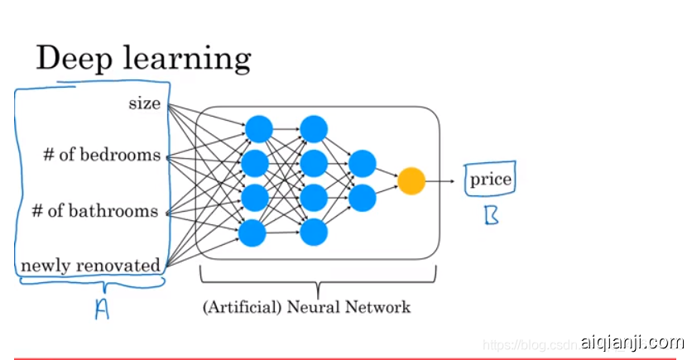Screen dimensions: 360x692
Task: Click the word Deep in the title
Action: (72, 60)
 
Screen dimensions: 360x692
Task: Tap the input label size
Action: (145, 103)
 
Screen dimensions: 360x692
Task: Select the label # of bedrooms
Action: (102, 155)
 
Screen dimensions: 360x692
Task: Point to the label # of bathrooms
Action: (94, 211)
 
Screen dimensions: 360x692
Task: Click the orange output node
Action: (411, 180)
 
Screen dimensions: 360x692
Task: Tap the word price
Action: (491, 180)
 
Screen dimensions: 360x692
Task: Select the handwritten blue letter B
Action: (492, 216)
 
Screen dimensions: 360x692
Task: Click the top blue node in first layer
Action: (257, 128)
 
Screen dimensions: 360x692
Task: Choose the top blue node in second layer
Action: (314, 128)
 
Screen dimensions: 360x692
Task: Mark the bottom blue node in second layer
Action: (314, 233)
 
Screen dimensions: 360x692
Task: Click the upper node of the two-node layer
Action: (362, 163)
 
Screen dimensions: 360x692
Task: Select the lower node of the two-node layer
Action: (362, 198)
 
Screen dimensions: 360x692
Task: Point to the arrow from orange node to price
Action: (442, 180)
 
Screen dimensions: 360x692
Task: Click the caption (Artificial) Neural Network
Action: (306, 307)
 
